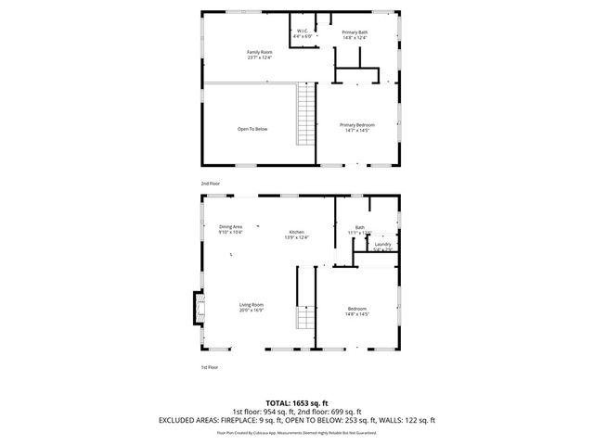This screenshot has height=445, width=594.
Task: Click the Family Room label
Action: coord(259,51)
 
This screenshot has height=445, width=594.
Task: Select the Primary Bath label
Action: coord(355,32)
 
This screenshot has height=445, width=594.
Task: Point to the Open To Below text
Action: coord(252,129)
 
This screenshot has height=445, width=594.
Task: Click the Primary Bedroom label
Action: coord(357,124)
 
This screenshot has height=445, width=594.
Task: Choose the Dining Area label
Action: coord(230,227)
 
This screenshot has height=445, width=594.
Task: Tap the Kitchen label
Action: coord(296,232)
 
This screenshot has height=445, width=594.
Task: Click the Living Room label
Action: coord(252,305)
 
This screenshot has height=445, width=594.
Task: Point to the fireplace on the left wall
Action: coord(196,309)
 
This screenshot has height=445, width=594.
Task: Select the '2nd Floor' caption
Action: coord(211,184)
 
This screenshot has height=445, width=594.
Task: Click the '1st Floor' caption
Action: coord(210,367)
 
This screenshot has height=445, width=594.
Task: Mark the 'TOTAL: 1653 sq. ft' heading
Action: coord(297,403)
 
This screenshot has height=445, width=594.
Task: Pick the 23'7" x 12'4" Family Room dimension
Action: coord(259,57)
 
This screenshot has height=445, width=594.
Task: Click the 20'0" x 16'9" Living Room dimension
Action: coord(252,311)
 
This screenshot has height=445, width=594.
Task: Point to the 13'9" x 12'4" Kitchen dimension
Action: coord(296,238)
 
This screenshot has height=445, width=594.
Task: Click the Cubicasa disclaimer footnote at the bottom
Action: coord(297,432)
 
